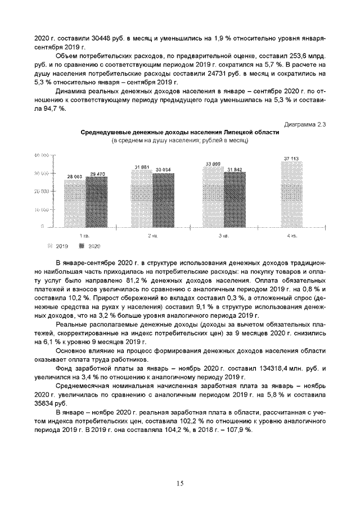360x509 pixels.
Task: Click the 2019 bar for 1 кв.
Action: [75, 203]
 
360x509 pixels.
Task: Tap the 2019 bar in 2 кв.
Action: [141, 199]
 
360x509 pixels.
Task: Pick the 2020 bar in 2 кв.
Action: [163, 200]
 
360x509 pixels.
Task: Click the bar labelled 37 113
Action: [291, 195]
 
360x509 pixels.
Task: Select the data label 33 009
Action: [212, 164]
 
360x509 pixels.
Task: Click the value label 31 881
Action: [141, 167]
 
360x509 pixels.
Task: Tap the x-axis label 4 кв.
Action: [292, 236]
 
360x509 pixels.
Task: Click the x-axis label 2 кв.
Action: [152, 236]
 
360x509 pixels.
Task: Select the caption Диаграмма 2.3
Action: [305, 124]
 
